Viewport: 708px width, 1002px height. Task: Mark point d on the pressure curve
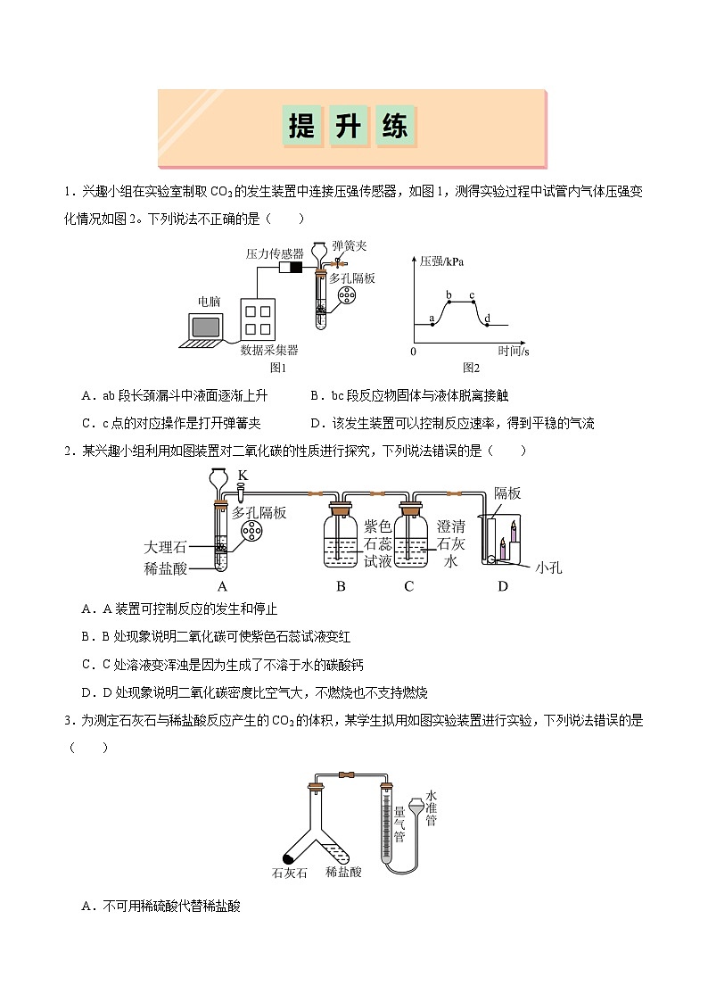(x=487, y=324)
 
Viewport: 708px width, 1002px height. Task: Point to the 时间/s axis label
(x=514, y=352)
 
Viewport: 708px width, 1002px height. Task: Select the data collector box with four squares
(x=263, y=319)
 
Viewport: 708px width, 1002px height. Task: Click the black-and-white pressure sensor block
(x=291, y=268)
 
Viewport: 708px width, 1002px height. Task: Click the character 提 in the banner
(x=302, y=127)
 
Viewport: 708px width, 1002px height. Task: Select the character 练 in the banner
(x=395, y=127)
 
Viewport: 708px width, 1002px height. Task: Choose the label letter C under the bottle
(x=409, y=587)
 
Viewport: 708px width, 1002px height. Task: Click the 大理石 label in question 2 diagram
(x=164, y=546)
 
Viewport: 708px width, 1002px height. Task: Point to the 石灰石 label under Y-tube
(x=290, y=873)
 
